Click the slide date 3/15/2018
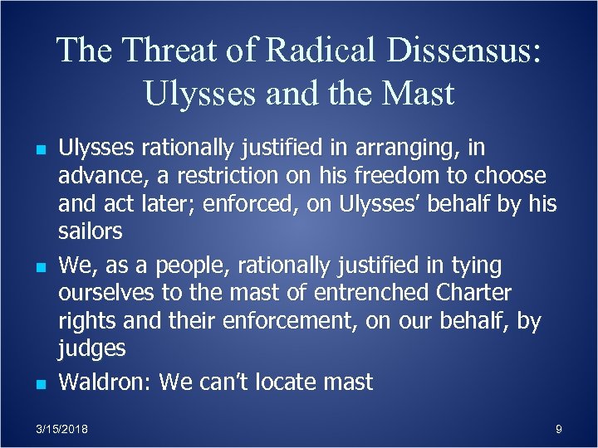pos(62,429)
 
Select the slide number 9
pos(558,429)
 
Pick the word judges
pos(91,348)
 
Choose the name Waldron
pos(105,382)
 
